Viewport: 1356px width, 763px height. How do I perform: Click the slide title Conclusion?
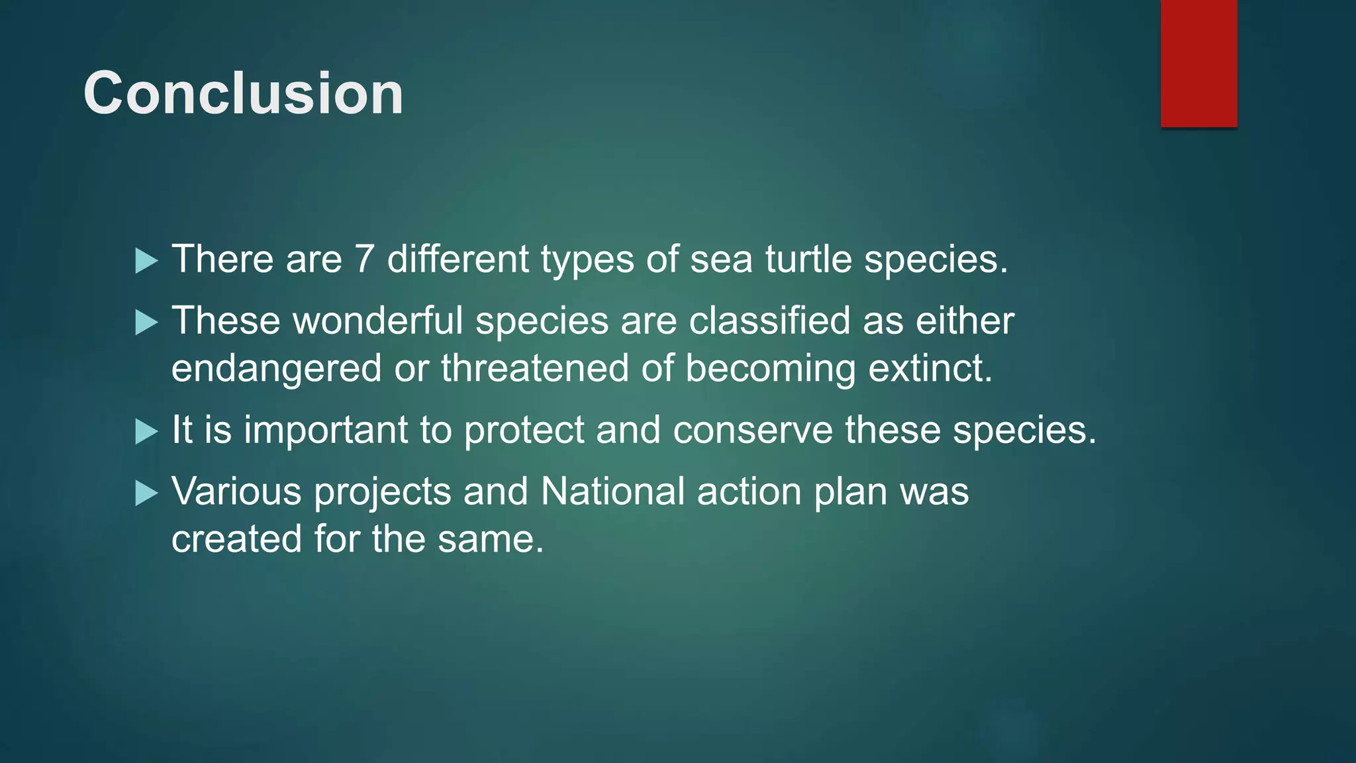tap(243, 93)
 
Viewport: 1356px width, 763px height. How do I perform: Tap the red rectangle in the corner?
tap(1198, 63)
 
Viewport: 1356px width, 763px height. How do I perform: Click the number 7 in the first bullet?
tap(364, 259)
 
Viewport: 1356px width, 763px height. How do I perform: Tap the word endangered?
tap(276, 369)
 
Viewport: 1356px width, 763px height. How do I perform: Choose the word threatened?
tap(534, 368)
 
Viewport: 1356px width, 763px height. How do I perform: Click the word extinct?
tap(930, 368)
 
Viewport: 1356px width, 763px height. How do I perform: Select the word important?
tap(325, 431)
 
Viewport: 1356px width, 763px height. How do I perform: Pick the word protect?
tap(523, 431)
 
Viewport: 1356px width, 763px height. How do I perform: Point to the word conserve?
tap(752, 431)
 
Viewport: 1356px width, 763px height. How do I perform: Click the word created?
tap(236, 539)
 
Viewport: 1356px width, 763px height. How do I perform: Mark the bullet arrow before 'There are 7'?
tap(146, 261)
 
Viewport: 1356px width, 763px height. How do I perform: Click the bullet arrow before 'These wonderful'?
tap(146, 323)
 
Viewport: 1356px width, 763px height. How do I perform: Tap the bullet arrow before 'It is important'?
tap(146, 432)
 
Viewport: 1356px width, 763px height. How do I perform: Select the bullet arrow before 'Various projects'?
tap(146, 493)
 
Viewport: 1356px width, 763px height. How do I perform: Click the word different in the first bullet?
tap(458, 259)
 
